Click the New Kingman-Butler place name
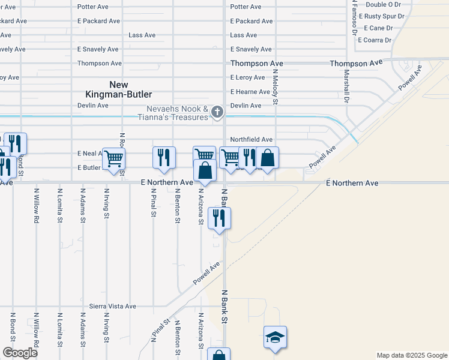pyautogui.click(x=130, y=89)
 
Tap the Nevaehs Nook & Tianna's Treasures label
pyautogui.click(x=178, y=113)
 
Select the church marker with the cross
pyautogui.click(x=218, y=111)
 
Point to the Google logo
pyautogui.click(x=20, y=352)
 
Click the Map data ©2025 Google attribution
pyautogui.click(x=411, y=355)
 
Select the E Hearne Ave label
pyautogui.click(x=250, y=92)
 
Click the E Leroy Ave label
pyautogui.click(x=247, y=77)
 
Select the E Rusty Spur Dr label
pyautogui.click(x=384, y=16)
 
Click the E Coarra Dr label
pyautogui.click(x=375, y=40)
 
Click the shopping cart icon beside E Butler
pyautogui.click(x=113, y=159)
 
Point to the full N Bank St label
pyautogui.click(x=225, y=306)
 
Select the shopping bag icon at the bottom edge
pyautogui.click(x=218, y=355)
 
